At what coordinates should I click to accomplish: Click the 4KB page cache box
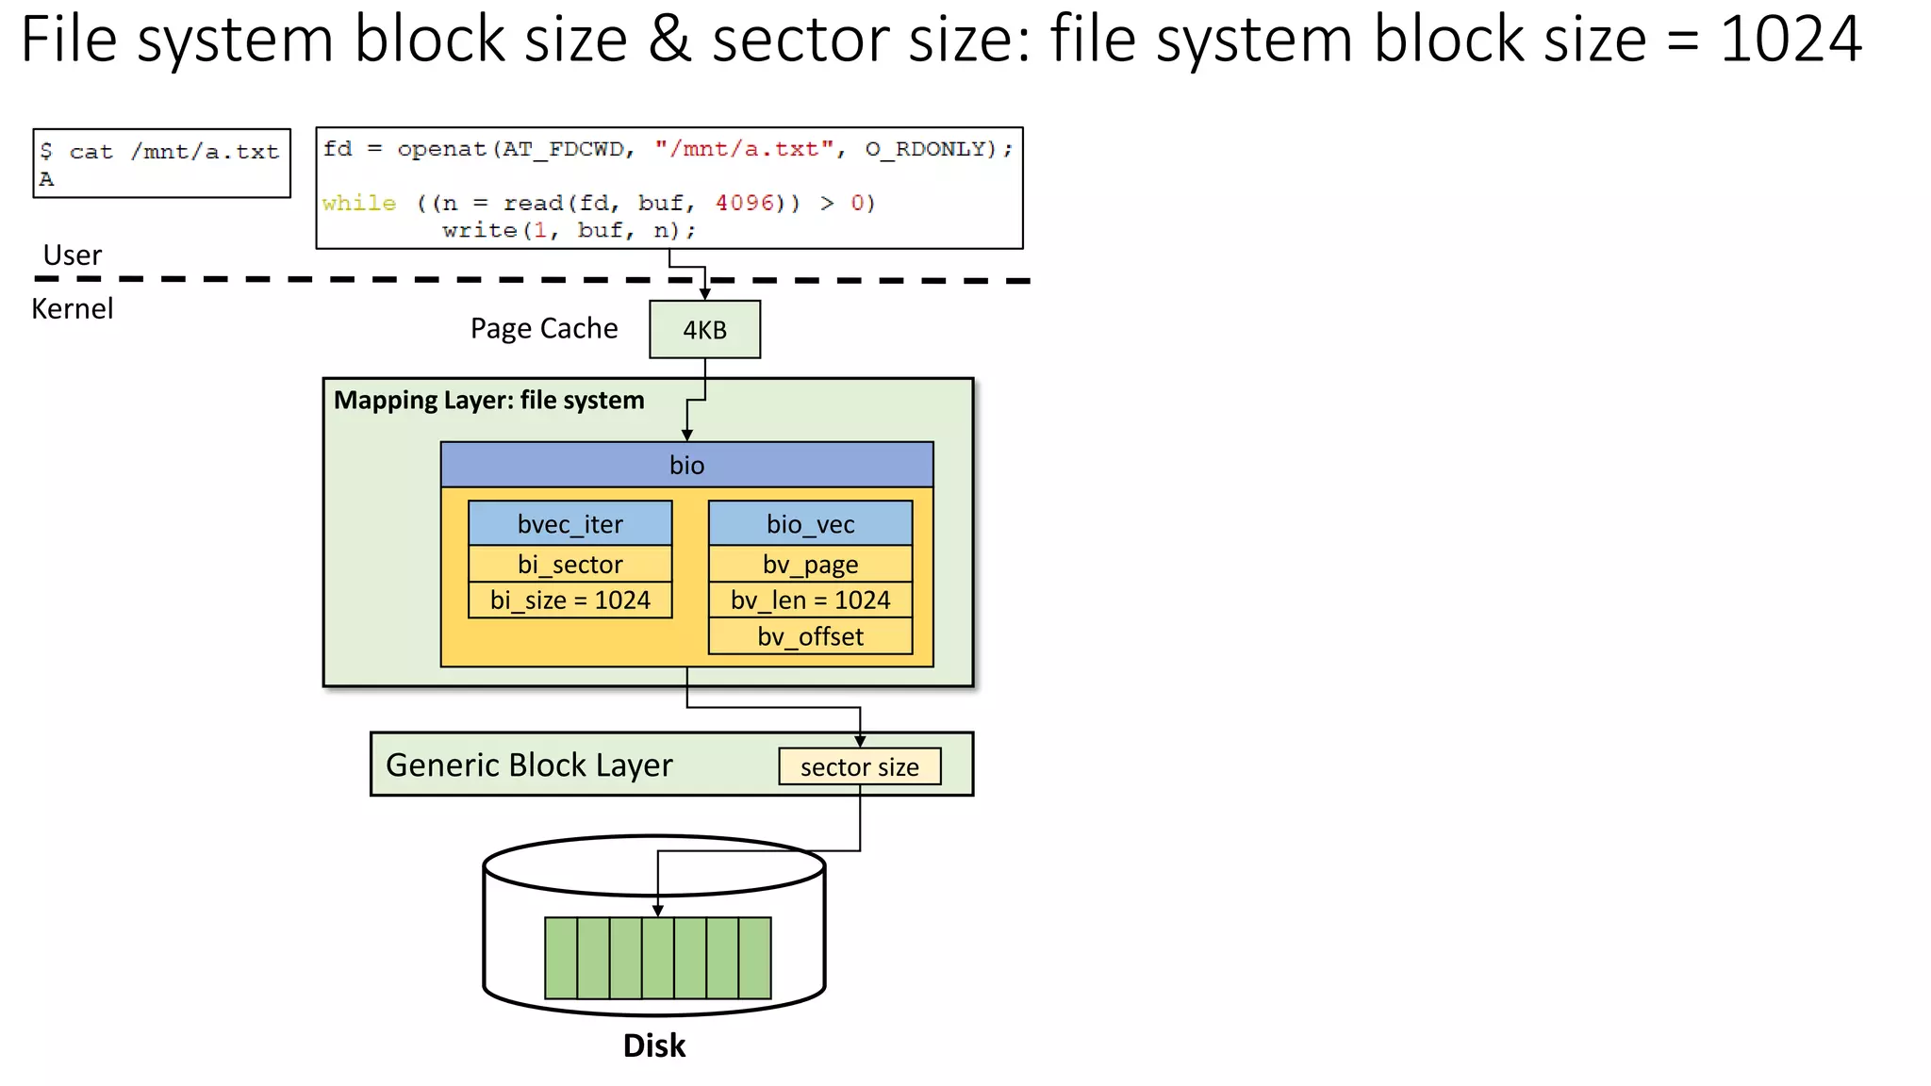704,330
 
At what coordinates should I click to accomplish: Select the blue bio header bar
686,465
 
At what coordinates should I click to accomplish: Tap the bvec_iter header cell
569,524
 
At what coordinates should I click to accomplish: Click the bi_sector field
569,564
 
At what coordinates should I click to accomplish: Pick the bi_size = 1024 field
569,601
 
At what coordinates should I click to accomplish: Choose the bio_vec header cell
810,524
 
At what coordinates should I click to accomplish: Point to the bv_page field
810,564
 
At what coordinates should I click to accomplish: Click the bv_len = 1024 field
810,601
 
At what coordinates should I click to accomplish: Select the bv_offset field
810,636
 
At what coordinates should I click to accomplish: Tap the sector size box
859,766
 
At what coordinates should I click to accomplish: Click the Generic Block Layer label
529,765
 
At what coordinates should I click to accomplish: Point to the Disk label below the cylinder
653,1045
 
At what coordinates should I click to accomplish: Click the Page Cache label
544,328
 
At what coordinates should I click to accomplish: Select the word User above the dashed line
72,255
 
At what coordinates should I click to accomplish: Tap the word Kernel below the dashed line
72,308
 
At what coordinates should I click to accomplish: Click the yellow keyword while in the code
358,203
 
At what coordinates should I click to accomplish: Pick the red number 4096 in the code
744,203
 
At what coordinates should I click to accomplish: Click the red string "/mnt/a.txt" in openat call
744,149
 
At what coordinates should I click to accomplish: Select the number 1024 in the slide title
1790,40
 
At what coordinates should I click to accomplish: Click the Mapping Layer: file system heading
488,400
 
